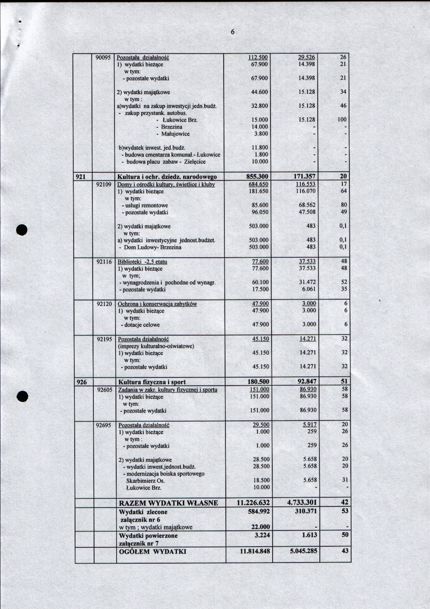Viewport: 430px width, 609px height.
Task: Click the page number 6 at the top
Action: coord(232,32)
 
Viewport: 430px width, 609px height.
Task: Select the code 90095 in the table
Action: coord(103,57)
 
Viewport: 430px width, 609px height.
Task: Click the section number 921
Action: coord(81,176)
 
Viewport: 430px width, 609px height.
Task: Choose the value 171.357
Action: coord(305,176)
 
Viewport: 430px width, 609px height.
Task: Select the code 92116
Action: coord(104,262)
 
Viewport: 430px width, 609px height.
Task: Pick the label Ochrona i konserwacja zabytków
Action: coord(157,304)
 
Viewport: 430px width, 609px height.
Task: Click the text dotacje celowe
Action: coord(142,325)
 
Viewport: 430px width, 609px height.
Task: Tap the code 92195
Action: coord(104,339)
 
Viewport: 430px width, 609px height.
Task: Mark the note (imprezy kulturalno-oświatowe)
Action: coord(156,346)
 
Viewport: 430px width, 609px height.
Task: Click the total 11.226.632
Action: coord(253,503)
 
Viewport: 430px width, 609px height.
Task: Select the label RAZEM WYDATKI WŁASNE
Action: coord(168,503)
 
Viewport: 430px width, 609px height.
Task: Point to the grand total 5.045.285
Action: coord(303,551)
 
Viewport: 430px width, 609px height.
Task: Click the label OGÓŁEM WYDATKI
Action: coord(152,552)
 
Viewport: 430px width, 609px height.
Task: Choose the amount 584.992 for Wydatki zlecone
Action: coord(259,511)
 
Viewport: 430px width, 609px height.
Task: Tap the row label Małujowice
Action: coord(175,134)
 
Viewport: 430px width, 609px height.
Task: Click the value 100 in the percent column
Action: coord(342,120)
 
